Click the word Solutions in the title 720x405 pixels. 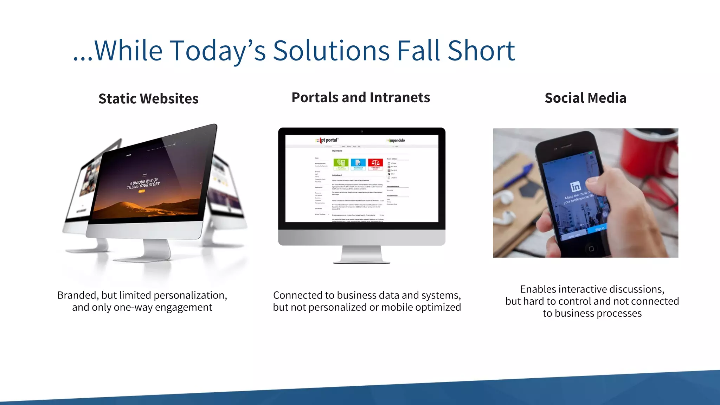331,51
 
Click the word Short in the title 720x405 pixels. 481,51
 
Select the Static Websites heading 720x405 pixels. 148,99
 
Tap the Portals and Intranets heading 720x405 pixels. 361,97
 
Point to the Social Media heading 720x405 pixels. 585,98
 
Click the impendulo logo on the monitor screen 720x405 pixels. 396,140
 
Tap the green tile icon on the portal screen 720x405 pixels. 341,163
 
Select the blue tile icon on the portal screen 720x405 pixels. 358,163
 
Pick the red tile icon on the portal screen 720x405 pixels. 375,163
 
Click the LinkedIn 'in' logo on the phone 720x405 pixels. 576,187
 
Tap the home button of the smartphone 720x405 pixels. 591,249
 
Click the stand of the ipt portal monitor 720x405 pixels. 361,255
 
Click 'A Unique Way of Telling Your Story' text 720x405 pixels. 144,183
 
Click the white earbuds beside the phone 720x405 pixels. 506,207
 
